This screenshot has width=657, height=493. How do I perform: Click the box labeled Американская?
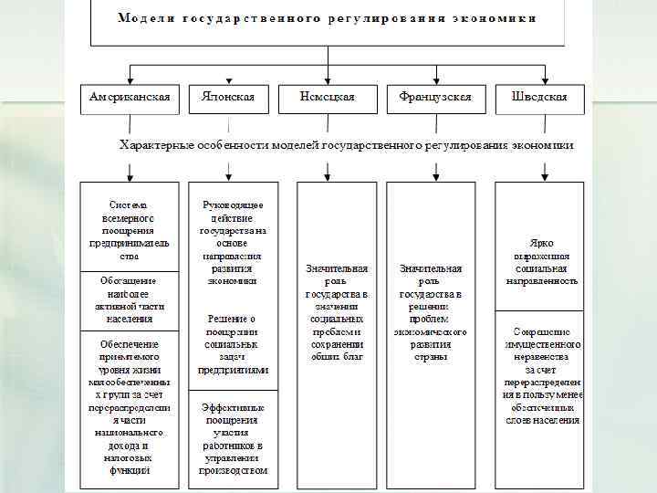(130, 98)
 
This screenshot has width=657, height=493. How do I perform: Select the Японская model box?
(227, 98)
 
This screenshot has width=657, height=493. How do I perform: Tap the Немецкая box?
(328, 98)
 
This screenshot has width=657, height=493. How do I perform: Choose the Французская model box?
(429, 98)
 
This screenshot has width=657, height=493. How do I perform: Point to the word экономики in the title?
(496, 18)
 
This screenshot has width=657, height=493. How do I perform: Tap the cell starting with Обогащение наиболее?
(129, 299)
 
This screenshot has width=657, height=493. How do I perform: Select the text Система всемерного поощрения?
(129, 225)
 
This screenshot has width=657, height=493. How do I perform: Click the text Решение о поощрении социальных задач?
(234, 344)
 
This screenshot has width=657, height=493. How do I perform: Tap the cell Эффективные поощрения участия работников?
(234, 439)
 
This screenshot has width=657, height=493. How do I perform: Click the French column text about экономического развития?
(431, 312)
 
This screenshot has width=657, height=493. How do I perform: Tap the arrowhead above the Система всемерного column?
(129, 173)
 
